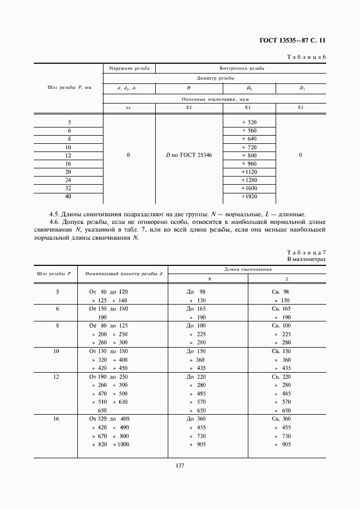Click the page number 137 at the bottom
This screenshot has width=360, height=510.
point(180,465)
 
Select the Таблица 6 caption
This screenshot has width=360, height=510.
point(306,57)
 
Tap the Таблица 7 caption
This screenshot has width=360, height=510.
point(306,252)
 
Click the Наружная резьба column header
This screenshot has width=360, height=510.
point(129,68)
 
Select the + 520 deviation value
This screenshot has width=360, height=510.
point(248,122)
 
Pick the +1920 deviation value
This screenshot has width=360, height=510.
point(248,196)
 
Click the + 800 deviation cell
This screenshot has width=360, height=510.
point(248,155)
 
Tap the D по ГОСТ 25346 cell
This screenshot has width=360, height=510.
point(189,155)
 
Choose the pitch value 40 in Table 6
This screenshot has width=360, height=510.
point(69,196)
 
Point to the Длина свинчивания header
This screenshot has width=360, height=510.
point(247,269)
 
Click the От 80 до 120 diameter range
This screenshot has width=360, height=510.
point(108,292)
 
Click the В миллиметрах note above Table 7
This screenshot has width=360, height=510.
point(307,259)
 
